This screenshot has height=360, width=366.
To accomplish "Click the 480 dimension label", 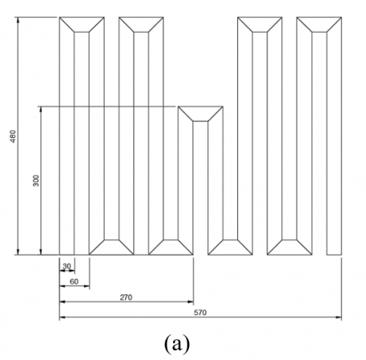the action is (x=13, y=137).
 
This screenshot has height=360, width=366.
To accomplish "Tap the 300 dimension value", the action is (x=36, y=181).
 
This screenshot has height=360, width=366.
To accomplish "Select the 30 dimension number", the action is (x=66, y=266).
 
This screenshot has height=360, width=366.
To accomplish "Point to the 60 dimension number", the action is (x=74, y=281).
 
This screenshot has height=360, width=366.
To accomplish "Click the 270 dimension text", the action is (x=126, y=297).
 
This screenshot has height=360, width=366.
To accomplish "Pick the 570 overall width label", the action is (x=201, y=313).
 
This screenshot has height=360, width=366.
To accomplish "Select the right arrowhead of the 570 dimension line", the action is (x=339, y=317).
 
